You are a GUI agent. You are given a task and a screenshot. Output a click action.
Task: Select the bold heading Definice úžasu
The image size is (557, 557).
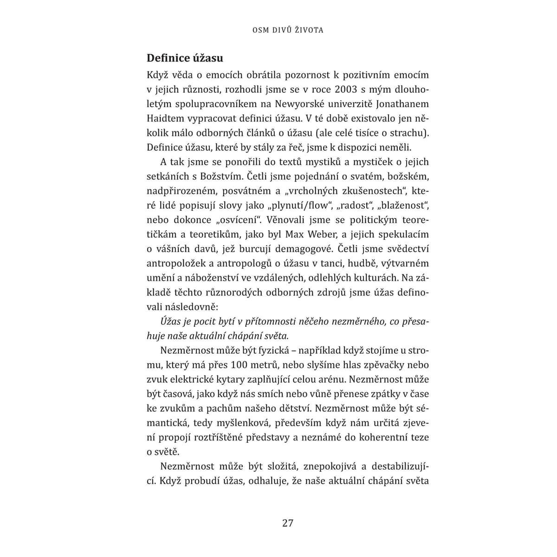click(185, 58)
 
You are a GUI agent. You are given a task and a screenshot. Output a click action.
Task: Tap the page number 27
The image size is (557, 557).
click(288, 523)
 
